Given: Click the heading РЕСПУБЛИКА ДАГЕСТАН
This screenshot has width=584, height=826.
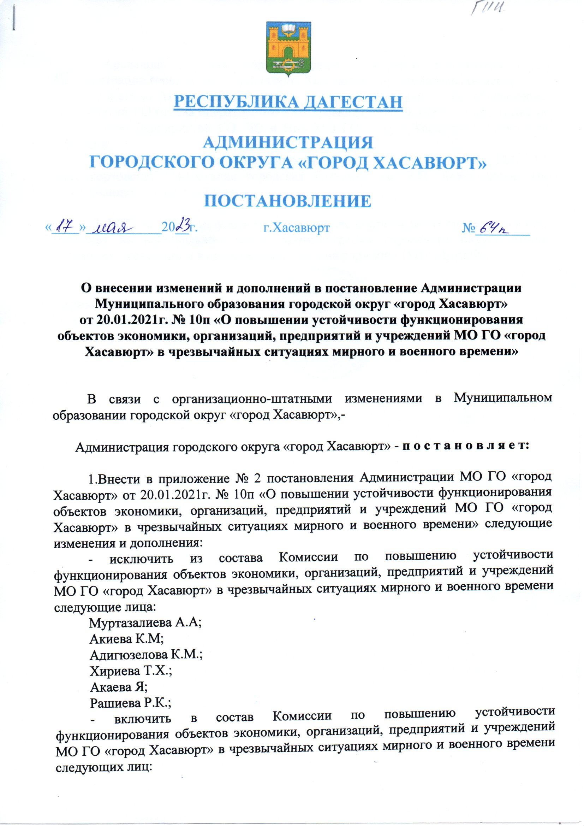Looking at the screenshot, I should pyautogui.click(x=288, y=102).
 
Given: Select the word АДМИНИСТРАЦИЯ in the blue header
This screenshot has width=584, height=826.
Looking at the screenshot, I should pyautogui.click(x=288, y=142).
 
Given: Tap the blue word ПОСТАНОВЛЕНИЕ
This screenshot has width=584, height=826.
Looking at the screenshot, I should pyautogui.click(x=288, y=201).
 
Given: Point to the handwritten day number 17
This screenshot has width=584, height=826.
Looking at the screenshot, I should pyautogui.click(x=65, y=227).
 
